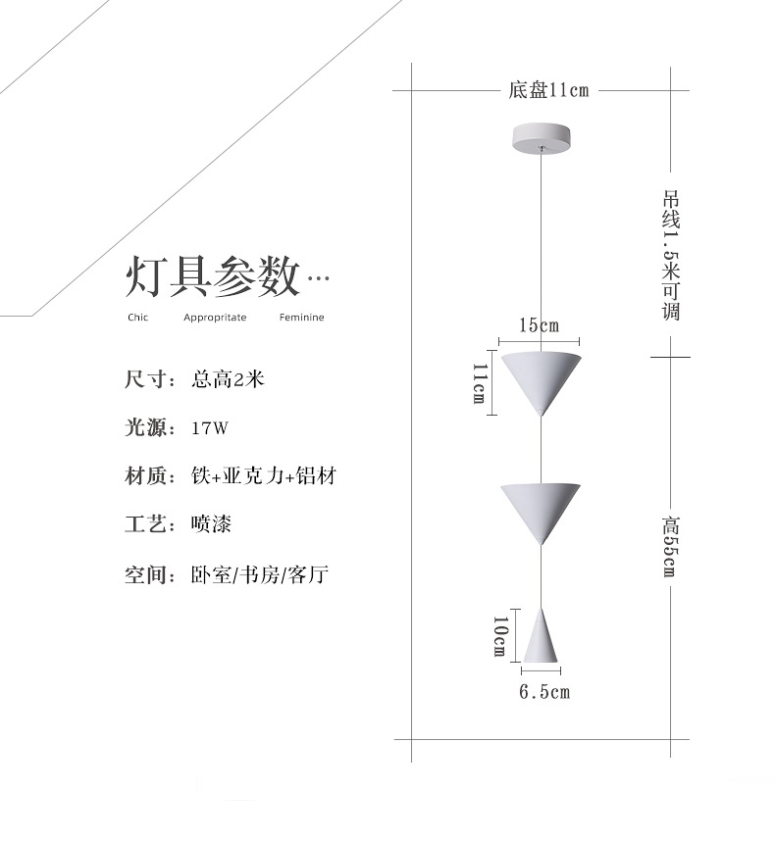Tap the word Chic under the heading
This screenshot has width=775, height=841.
click(137, 318)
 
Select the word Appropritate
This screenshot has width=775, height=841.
click(215, 318)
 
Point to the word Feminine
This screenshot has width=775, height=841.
click(301, 318)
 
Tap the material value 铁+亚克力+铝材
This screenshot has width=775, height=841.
click(264, 476)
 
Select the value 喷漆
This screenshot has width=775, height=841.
click(211, 525)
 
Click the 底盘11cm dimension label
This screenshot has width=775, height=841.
click(548, 91)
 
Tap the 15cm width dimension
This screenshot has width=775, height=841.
click(539, 325)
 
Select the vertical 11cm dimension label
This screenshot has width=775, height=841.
click(480, 382)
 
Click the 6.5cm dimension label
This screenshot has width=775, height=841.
click(543, 693)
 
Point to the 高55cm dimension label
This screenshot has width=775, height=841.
click(670, 545)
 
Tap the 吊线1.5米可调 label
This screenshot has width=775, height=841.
click(671, 255)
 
